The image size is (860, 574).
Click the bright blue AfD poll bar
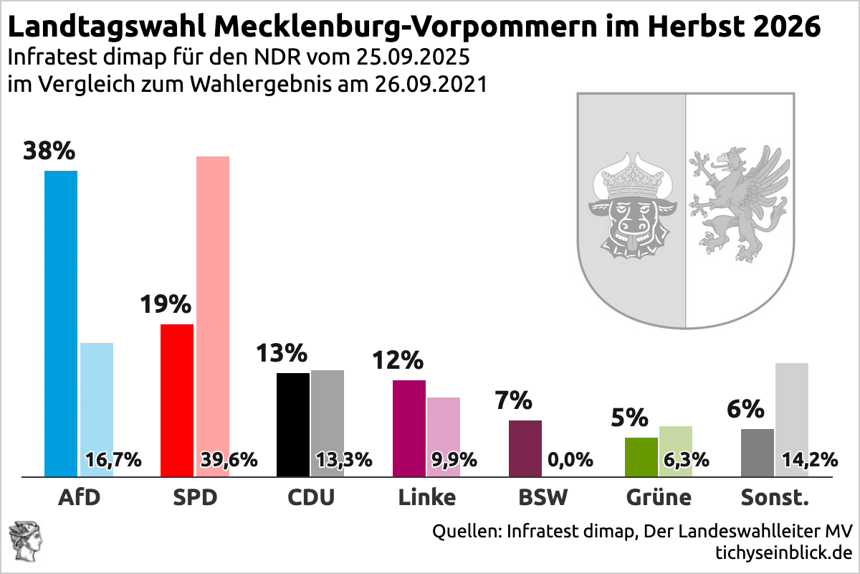tap(61, 323)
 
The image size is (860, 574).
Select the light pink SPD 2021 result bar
tap(212, 301)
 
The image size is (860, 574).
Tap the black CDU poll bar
tap(292, 424)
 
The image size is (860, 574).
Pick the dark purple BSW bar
tap(525, 448)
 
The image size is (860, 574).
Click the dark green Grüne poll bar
tap(641, 456)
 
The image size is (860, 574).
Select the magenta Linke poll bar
tap(409, 428)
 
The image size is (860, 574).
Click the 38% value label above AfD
tap(49, 151)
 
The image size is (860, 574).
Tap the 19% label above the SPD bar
tap(166, 305)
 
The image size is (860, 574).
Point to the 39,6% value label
tap(228, 460)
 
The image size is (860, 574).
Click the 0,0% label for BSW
tap(570, 460)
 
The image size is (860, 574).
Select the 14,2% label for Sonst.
tap(809, 460)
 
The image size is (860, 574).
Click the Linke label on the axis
tap(426, 497)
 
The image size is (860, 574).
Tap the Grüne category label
tap(659, 497)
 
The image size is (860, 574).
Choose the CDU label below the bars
tap(310, 497)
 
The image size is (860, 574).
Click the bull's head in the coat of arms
tap(631, 208)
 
